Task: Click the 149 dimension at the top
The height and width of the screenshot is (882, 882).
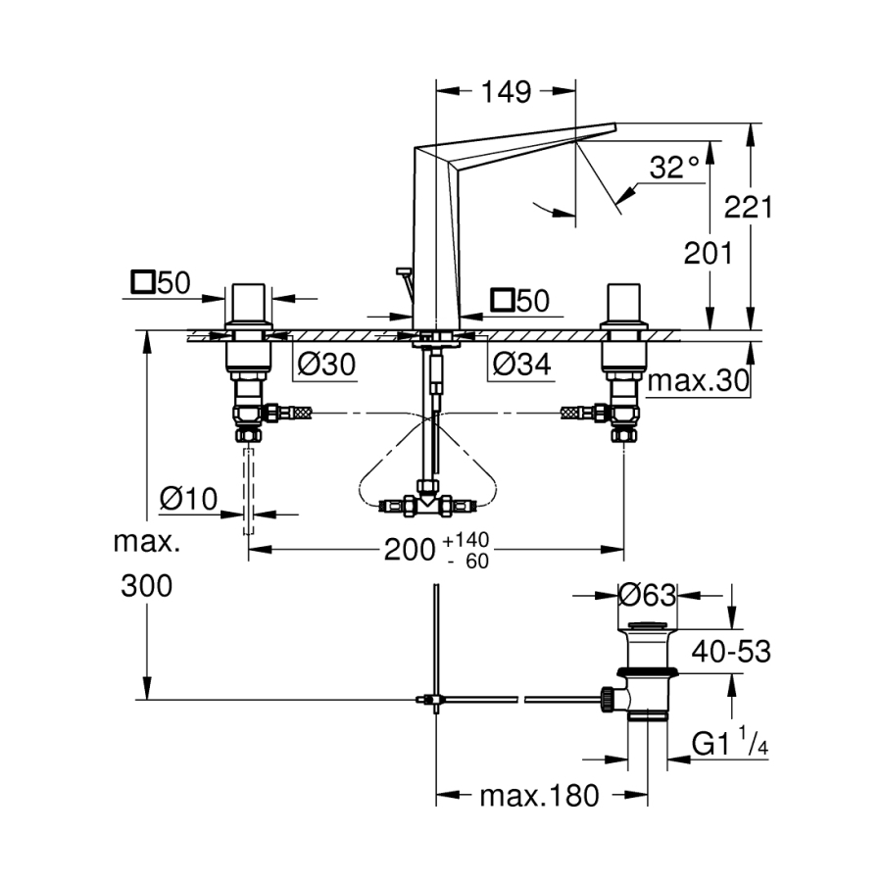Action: (505, 92)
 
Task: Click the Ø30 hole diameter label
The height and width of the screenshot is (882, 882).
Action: (325, 367)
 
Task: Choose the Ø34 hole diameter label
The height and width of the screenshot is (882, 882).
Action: (519, 367)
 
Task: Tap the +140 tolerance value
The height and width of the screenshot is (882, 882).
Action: (465, 541)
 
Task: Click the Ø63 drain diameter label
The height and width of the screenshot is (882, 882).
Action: (648, 594)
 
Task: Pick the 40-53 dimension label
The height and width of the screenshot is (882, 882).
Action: (731, 652)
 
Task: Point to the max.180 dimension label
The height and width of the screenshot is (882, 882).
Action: (538, 796)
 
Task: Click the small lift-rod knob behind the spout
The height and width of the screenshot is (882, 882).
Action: (400, 271)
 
